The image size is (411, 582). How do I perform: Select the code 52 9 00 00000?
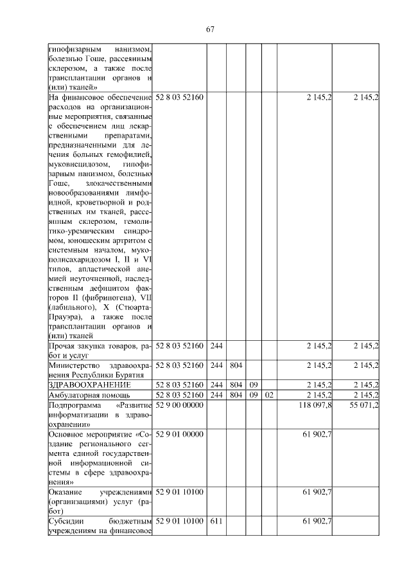[x=180, y=405]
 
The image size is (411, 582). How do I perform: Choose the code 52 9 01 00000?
[x=180, y=434]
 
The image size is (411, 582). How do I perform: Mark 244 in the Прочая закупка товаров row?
[x=216, y=346]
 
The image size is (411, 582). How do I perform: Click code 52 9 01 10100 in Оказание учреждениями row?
[x=180, y=492]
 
